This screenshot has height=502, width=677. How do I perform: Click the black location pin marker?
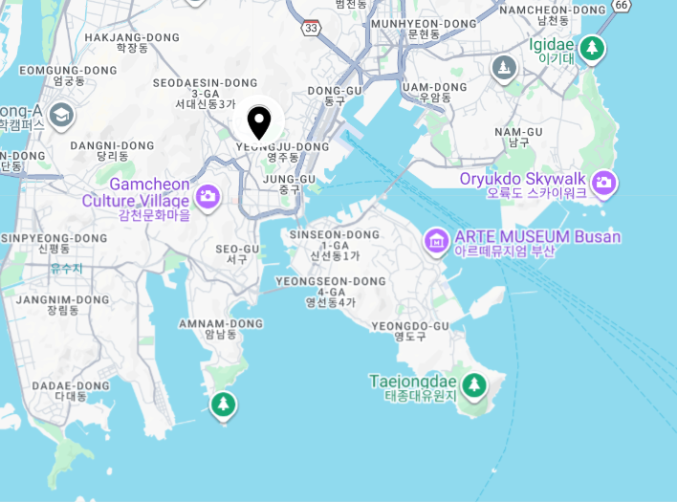tap(258, 122)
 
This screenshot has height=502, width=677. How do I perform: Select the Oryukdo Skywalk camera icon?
tap(603, 182)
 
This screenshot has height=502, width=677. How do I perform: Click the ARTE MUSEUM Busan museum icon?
tap(437, 240)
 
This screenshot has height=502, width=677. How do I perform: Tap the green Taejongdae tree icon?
tap(473, 385)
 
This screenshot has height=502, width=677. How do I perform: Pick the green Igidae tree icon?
tap(593, 47)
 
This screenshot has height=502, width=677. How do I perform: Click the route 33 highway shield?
tap(312, 28)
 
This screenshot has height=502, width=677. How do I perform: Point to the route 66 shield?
tap(622, 5)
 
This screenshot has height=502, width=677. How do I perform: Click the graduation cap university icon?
tap(62, 115)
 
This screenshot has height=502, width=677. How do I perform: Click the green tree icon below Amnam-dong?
tap(224, 404)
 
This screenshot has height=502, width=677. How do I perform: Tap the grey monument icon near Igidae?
tap(504, 68)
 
